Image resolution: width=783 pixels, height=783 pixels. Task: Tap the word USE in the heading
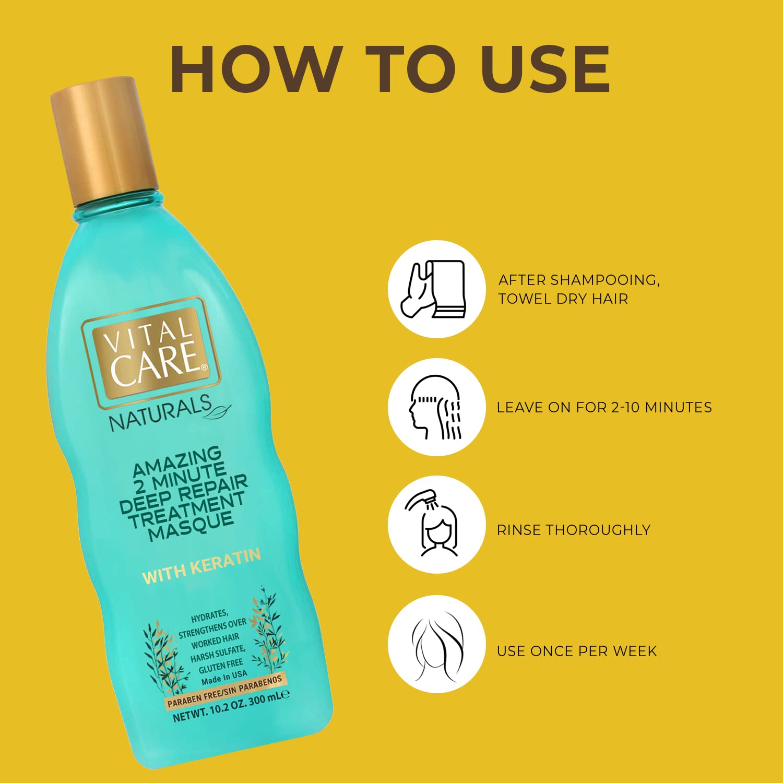(x=545, y=69)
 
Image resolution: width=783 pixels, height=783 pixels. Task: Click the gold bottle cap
(x=104, y=141)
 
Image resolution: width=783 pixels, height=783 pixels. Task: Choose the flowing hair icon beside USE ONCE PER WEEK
(x=436, y=644)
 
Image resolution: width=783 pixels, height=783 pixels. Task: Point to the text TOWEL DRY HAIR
(x=563, y=299)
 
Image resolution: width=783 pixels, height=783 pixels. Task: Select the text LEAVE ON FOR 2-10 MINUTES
(x=604, y=408)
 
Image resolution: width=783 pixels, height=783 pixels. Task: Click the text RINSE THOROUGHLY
(x=573, y=530)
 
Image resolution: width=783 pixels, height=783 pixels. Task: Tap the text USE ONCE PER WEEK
(x=576, y=651)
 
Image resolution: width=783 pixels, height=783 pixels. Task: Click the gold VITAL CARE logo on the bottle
(x=151, y=352)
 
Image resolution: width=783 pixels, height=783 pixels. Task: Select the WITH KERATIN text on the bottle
(x=201, y=566)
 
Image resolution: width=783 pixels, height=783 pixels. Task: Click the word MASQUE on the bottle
(x=191, y=526)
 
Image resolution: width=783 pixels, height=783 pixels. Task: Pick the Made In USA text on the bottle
(x=224, y=678)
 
